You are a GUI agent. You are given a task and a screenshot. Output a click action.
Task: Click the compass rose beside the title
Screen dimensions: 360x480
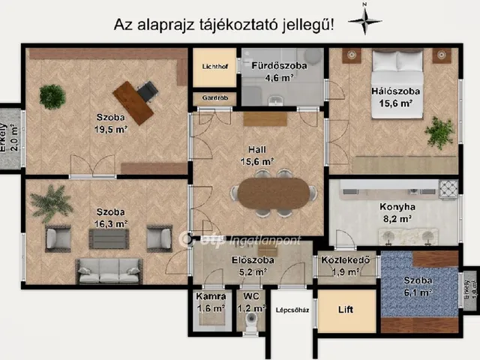click(x=365, y=20)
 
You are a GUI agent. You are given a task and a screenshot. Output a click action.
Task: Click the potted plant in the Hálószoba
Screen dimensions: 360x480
click(x=439, y=132)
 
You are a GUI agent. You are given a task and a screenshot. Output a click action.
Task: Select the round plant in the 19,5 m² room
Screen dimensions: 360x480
click(x=52, y=96)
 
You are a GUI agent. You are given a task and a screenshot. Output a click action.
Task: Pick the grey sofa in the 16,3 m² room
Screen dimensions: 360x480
click(x=109, y=271)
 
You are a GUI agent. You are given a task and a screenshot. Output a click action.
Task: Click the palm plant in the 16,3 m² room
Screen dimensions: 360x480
click(x=49, y=201)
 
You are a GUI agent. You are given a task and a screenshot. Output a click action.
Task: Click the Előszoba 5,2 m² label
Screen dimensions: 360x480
click(x=251, y=268)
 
